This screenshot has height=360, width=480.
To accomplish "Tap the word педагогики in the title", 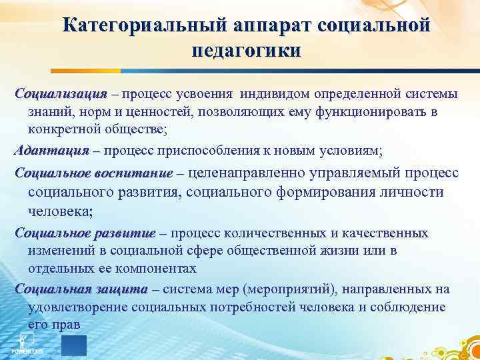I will coord(245,51).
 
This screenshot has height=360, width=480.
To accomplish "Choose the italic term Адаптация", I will coord(51,151).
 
